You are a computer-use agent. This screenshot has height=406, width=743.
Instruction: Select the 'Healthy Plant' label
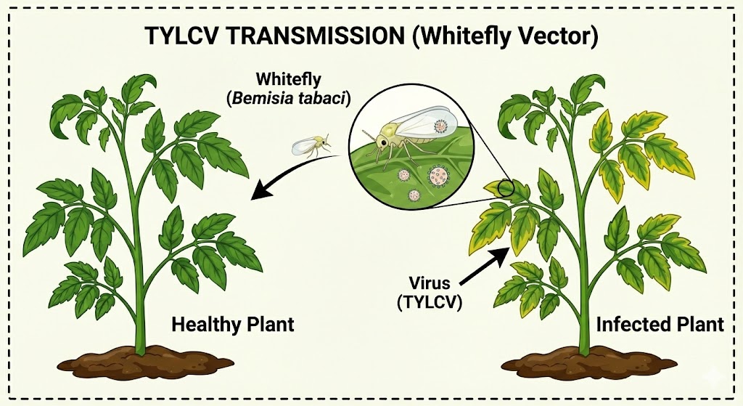(232, 324)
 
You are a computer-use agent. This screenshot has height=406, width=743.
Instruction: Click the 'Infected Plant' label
(660, 324)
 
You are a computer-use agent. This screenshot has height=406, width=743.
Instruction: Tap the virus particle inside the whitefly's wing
(440, 126)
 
